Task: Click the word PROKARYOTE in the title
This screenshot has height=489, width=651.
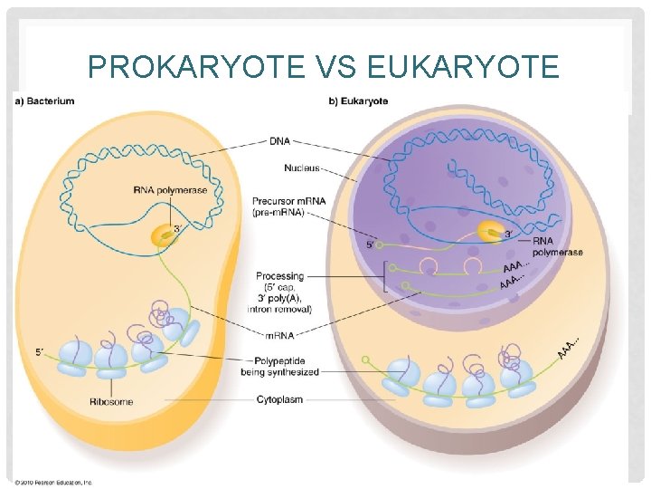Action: point(171,66)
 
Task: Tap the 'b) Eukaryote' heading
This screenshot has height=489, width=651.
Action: point(358,101)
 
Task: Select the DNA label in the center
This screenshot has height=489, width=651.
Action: point(280,141)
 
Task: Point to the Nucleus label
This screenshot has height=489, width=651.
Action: point(301,168)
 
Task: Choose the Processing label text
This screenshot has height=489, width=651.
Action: point(279,276)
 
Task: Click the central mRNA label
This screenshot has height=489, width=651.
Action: point(279,334)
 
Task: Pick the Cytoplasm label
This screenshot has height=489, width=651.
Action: point(279,398)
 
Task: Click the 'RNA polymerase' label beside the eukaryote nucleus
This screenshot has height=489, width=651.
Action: point(557,246)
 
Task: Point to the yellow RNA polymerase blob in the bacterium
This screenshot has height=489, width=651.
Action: point(165,235)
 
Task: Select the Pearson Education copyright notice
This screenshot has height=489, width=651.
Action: point(53,482)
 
